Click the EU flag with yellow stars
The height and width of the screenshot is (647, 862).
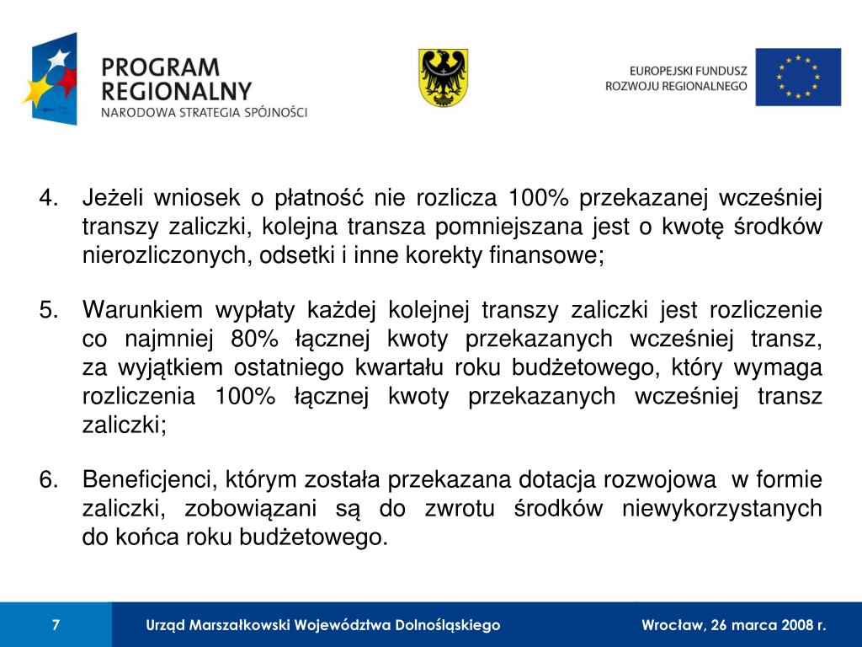(x=797, y=77)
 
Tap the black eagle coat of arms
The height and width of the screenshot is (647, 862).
(x=444, y=78)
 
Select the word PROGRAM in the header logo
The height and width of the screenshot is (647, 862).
(x=159, y=67)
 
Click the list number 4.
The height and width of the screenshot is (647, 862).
(x=49, y=199)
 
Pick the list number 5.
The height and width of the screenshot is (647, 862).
(x=49, y=311)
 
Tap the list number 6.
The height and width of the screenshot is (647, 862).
(x=49, y=480)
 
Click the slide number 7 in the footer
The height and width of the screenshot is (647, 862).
(x=56, y=625)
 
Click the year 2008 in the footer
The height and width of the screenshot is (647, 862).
(x=795, y=625)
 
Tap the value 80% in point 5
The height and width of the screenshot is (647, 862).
(x=253, y=340)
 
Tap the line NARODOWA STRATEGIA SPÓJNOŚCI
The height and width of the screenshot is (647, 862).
(x=205, y=112)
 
